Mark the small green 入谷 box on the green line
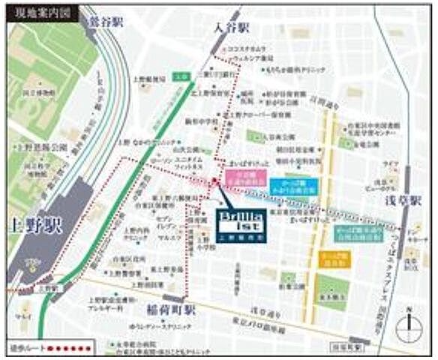180,76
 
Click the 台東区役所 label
146,257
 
